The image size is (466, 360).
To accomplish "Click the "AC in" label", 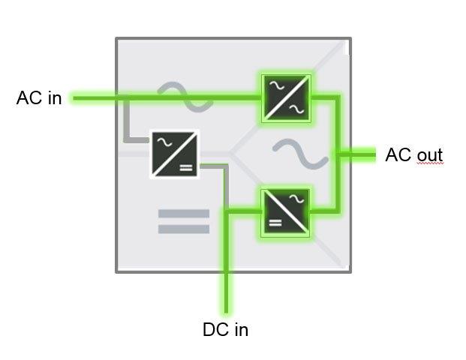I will (x=39, y=98).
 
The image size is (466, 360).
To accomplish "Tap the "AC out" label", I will (x=413, y=155).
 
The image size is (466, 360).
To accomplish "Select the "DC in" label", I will (x=225, y=329).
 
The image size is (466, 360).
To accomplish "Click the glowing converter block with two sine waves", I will (x=285, y=97).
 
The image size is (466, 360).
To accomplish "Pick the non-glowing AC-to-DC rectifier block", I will (x=175, y=154).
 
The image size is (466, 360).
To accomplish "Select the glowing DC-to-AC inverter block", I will (x=285, y=212).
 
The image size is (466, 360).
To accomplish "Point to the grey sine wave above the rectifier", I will (x=180, y=96).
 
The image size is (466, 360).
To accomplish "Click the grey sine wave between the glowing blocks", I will (x=299, y=153).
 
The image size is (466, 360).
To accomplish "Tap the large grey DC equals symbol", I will (x=184, y=221).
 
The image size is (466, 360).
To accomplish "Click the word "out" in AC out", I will (x=429, y=156).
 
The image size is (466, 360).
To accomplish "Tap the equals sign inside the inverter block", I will (x=275, y=223).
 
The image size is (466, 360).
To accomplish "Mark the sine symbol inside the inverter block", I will (x=296, y=200).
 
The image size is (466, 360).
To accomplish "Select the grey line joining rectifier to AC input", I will (x=126, y=124).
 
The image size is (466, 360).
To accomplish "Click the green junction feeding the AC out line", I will (x=338, y=155).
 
